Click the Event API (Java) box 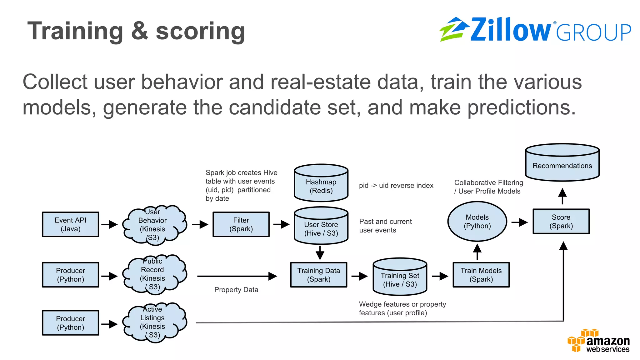(x=71, y=224)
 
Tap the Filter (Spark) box (x=241, y=224)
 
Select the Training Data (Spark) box (x=318, y=275)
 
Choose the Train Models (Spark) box (x=481, y=275)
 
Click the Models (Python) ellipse (x=477, y=222)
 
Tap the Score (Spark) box (x=561, y=222)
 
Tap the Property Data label (x=236, y=290)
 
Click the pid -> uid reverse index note (x=396, y=186)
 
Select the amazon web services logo (x=598, y=341)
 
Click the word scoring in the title (x=200, y=31)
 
